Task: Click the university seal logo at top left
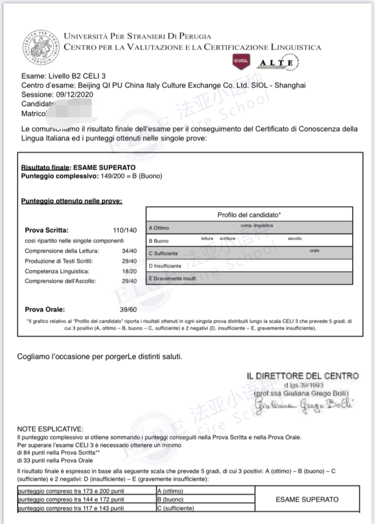(41, 47)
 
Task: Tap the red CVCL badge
(241, 61)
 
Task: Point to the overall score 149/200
(112, 176)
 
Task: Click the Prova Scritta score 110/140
(125, 230)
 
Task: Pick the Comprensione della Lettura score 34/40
(129, 251)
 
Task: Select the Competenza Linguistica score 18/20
(129, 271)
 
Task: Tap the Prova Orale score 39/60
(128, 309)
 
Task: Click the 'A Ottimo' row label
(159, 228)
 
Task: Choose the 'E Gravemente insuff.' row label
(173, 278)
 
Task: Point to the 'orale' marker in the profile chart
(314, 250)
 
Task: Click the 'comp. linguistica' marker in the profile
(257, 225)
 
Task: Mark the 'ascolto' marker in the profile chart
(294, 239)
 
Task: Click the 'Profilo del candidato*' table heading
(249, 215)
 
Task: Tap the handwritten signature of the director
(303, 405)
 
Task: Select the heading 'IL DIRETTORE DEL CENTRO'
(302, 376)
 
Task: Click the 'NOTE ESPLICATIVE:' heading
(50, 429)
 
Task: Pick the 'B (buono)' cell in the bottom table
(170, 499)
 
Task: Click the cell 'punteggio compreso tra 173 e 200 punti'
(71, 491)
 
